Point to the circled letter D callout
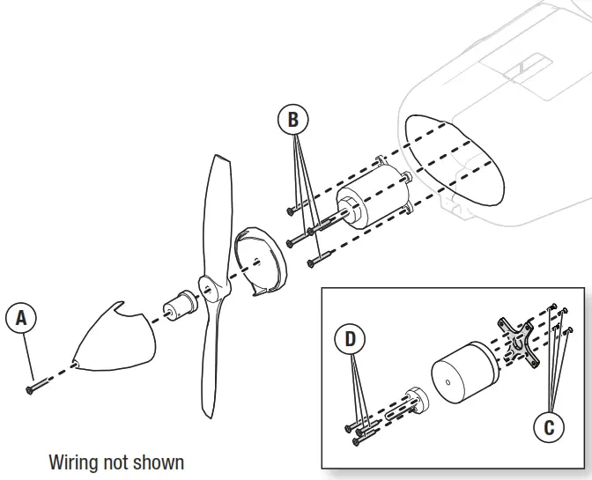tap(351, 338)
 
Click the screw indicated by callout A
tap(33, 387)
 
